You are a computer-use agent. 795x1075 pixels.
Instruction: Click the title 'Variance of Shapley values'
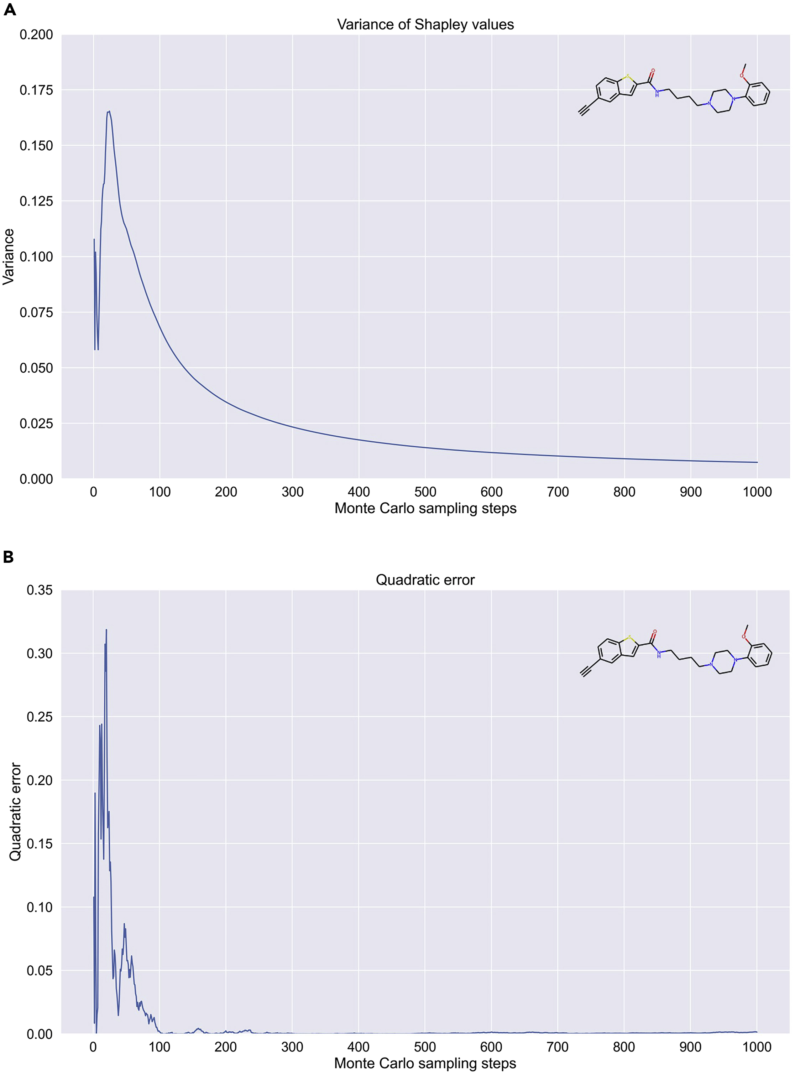pos(425,25)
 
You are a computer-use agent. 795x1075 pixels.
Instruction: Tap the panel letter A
pos(10,10)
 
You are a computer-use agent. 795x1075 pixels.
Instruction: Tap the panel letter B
pos(8,557)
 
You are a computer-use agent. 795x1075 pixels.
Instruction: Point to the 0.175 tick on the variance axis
pos(36,90)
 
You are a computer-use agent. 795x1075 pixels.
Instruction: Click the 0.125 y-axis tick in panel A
pos(36,201)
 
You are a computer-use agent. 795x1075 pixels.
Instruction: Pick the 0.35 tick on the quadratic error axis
pos(40,590)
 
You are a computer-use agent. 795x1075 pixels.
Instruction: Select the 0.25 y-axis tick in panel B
pos(40,717)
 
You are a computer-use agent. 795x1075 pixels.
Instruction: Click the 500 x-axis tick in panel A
pos(425,492)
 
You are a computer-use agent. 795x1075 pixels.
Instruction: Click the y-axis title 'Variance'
pos(9,256)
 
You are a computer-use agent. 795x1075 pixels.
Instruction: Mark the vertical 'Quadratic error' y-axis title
pos(15,812)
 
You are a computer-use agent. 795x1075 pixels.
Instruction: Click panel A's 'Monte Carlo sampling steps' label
pos(425,508)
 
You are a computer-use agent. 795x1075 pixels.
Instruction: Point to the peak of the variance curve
pos(109,112)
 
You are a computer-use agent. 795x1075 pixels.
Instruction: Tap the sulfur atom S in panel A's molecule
pos(628,77)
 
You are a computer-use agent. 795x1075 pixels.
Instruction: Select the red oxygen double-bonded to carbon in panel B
pos(654,632)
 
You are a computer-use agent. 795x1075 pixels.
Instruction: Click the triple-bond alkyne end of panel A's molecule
pos(583,112)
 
